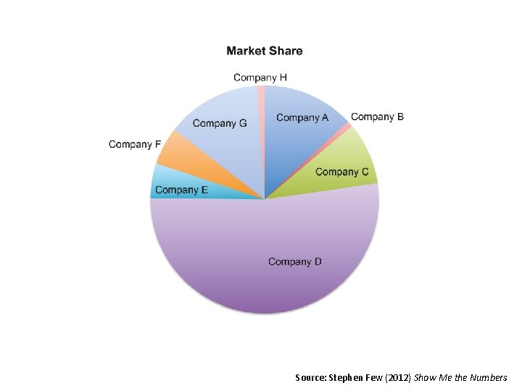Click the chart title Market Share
[x=265, y=51]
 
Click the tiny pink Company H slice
[x=261, y=91]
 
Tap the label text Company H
[x=260, y=77]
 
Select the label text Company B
[x=377, y=117]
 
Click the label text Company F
[x=135, y=144]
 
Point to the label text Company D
[x=295, y=261]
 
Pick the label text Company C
[x=342, y=172]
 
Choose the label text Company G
[x=220, y=123]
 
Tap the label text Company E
[x=181, y=190]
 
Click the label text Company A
[x=302, y=117]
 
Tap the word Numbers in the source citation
[x=489, y=377]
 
